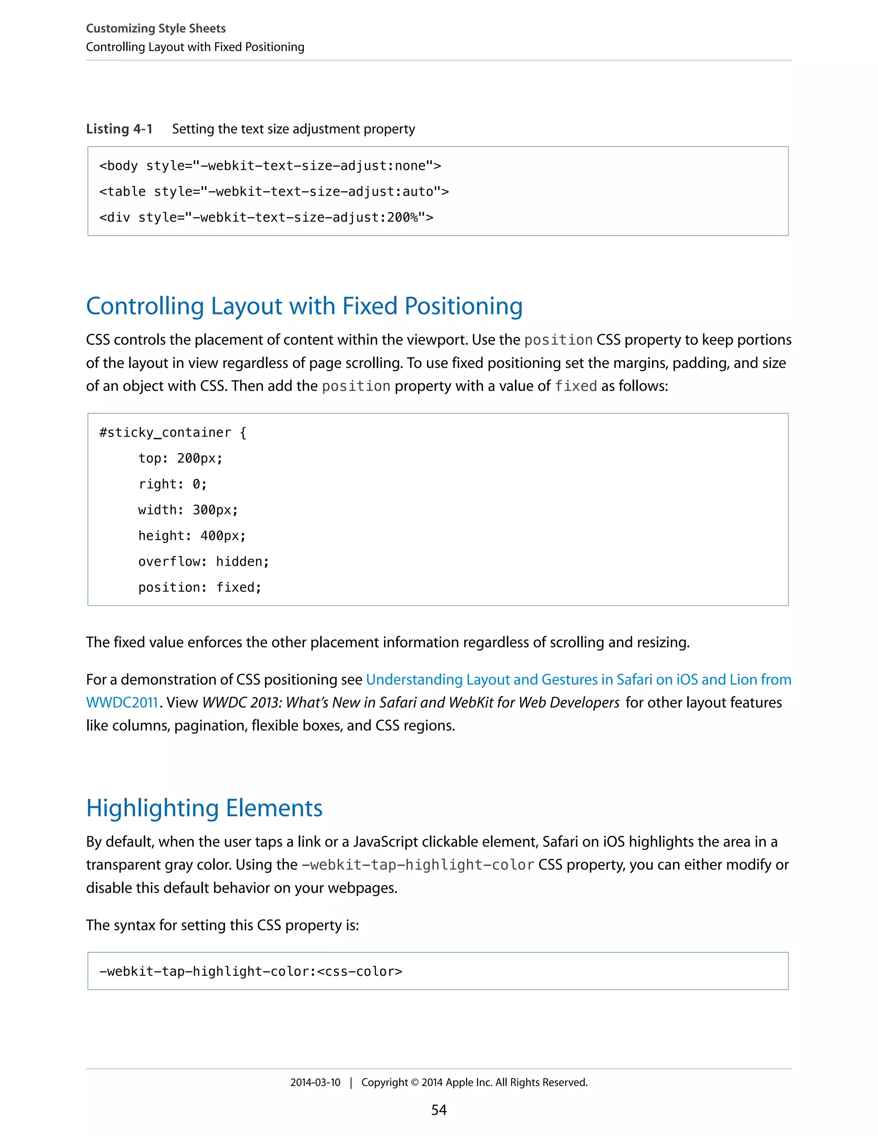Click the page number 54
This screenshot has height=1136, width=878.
(x=439, y=1110)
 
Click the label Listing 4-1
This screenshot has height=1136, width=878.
(x=119, y=129)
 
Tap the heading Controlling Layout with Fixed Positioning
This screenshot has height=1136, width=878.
(x=304, y=307)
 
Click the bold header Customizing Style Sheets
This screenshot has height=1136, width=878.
(x=156, y=29)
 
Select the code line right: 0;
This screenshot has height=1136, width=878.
(x=172, y=484)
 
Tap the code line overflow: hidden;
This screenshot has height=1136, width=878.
(x=203, y=562)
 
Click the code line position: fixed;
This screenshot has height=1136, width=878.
(x=200, y=588)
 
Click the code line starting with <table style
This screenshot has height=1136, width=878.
(x=274, y=192)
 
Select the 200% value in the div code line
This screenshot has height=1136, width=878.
(x=402, y=217)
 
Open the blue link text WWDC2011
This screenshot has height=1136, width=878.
(x=122, y=703)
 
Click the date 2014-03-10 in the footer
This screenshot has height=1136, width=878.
(x=315, y=1082)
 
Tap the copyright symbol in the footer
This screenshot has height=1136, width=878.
(x=415, y=1083)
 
